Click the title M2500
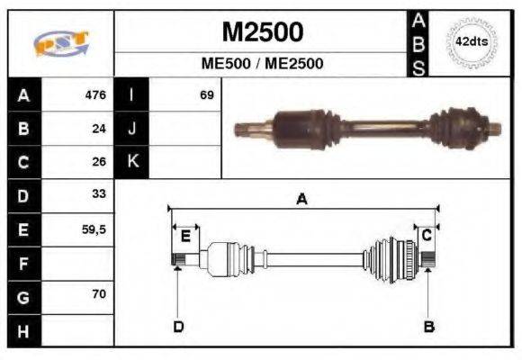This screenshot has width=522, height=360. click(x=262, y=33)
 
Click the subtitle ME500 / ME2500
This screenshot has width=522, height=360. click(x=262, y=64)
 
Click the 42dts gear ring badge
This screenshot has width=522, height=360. click(x=472, y=41)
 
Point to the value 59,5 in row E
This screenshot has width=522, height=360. click(x=94, y=229)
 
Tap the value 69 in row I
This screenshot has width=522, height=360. click(x=206, y=94)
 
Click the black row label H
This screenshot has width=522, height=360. click(x=23, y=330)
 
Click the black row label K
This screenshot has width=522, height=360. click(x=132, y=162)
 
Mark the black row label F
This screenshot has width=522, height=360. click(x=23, y=263)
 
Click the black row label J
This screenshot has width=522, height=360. click(x=132, y=129)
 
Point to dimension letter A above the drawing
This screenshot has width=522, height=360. click(x=302, y=200)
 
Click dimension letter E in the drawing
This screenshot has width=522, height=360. click(x=184, y=236)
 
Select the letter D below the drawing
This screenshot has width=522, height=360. click(x=178, y=326)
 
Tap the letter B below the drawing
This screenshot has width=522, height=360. click(x=428, y=326)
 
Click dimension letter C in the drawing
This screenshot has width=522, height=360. click(x=427, y=235)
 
